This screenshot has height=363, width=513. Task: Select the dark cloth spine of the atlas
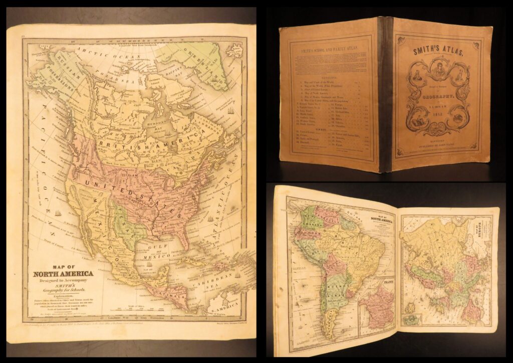point(386,95)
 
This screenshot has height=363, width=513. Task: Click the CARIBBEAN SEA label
point(220,279)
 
